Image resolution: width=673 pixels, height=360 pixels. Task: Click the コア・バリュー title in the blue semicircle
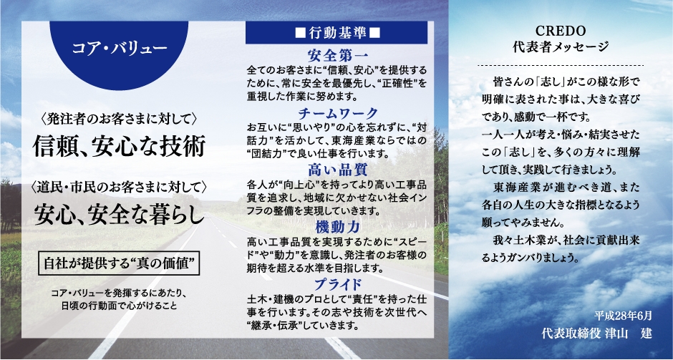coord(119,48)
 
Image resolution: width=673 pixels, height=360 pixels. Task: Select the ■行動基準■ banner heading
coord(336,33)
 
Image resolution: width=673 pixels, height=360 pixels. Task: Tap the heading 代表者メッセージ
coord(561,47)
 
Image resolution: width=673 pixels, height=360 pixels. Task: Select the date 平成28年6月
coord(623,316)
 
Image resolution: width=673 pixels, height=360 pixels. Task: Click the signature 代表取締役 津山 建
coord(597,334)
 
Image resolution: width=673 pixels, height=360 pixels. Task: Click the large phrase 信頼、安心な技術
coord(119,147)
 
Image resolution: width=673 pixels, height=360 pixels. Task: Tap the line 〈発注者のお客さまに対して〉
coord(118,118)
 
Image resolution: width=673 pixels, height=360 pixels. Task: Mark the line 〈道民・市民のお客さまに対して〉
coord(119,187)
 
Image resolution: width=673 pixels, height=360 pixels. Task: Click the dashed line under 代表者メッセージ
coord(561,66)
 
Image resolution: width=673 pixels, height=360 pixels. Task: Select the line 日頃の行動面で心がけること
coord(118,306)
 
